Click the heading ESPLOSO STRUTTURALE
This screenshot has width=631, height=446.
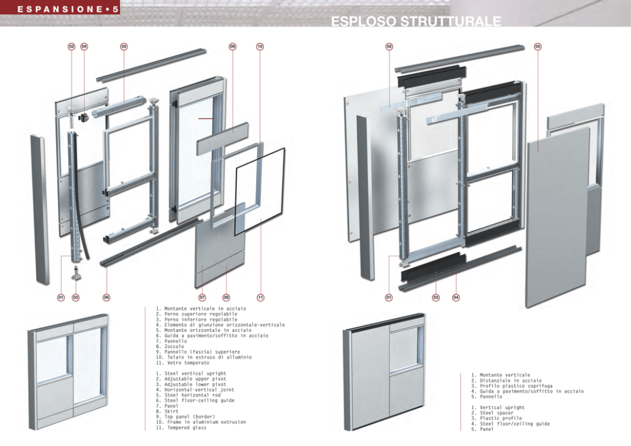415,23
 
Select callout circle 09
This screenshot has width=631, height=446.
232,46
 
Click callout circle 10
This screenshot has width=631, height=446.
260,46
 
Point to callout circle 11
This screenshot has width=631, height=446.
260,297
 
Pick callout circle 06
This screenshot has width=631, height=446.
107,297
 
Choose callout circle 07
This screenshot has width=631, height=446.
202,297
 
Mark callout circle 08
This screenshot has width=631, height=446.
226,297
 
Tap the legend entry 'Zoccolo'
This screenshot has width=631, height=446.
174,346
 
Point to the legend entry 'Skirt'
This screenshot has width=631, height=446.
173,411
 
